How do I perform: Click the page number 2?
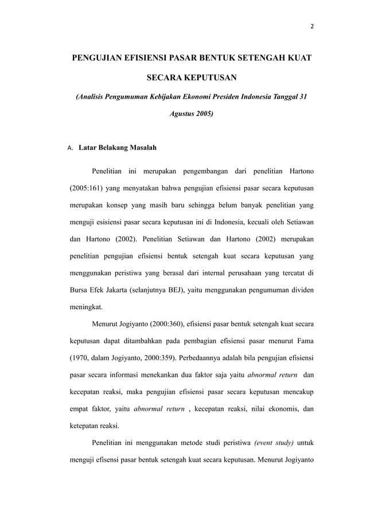[312, 26]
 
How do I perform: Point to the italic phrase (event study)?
[271, 445]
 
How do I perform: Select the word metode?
[201, 445]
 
